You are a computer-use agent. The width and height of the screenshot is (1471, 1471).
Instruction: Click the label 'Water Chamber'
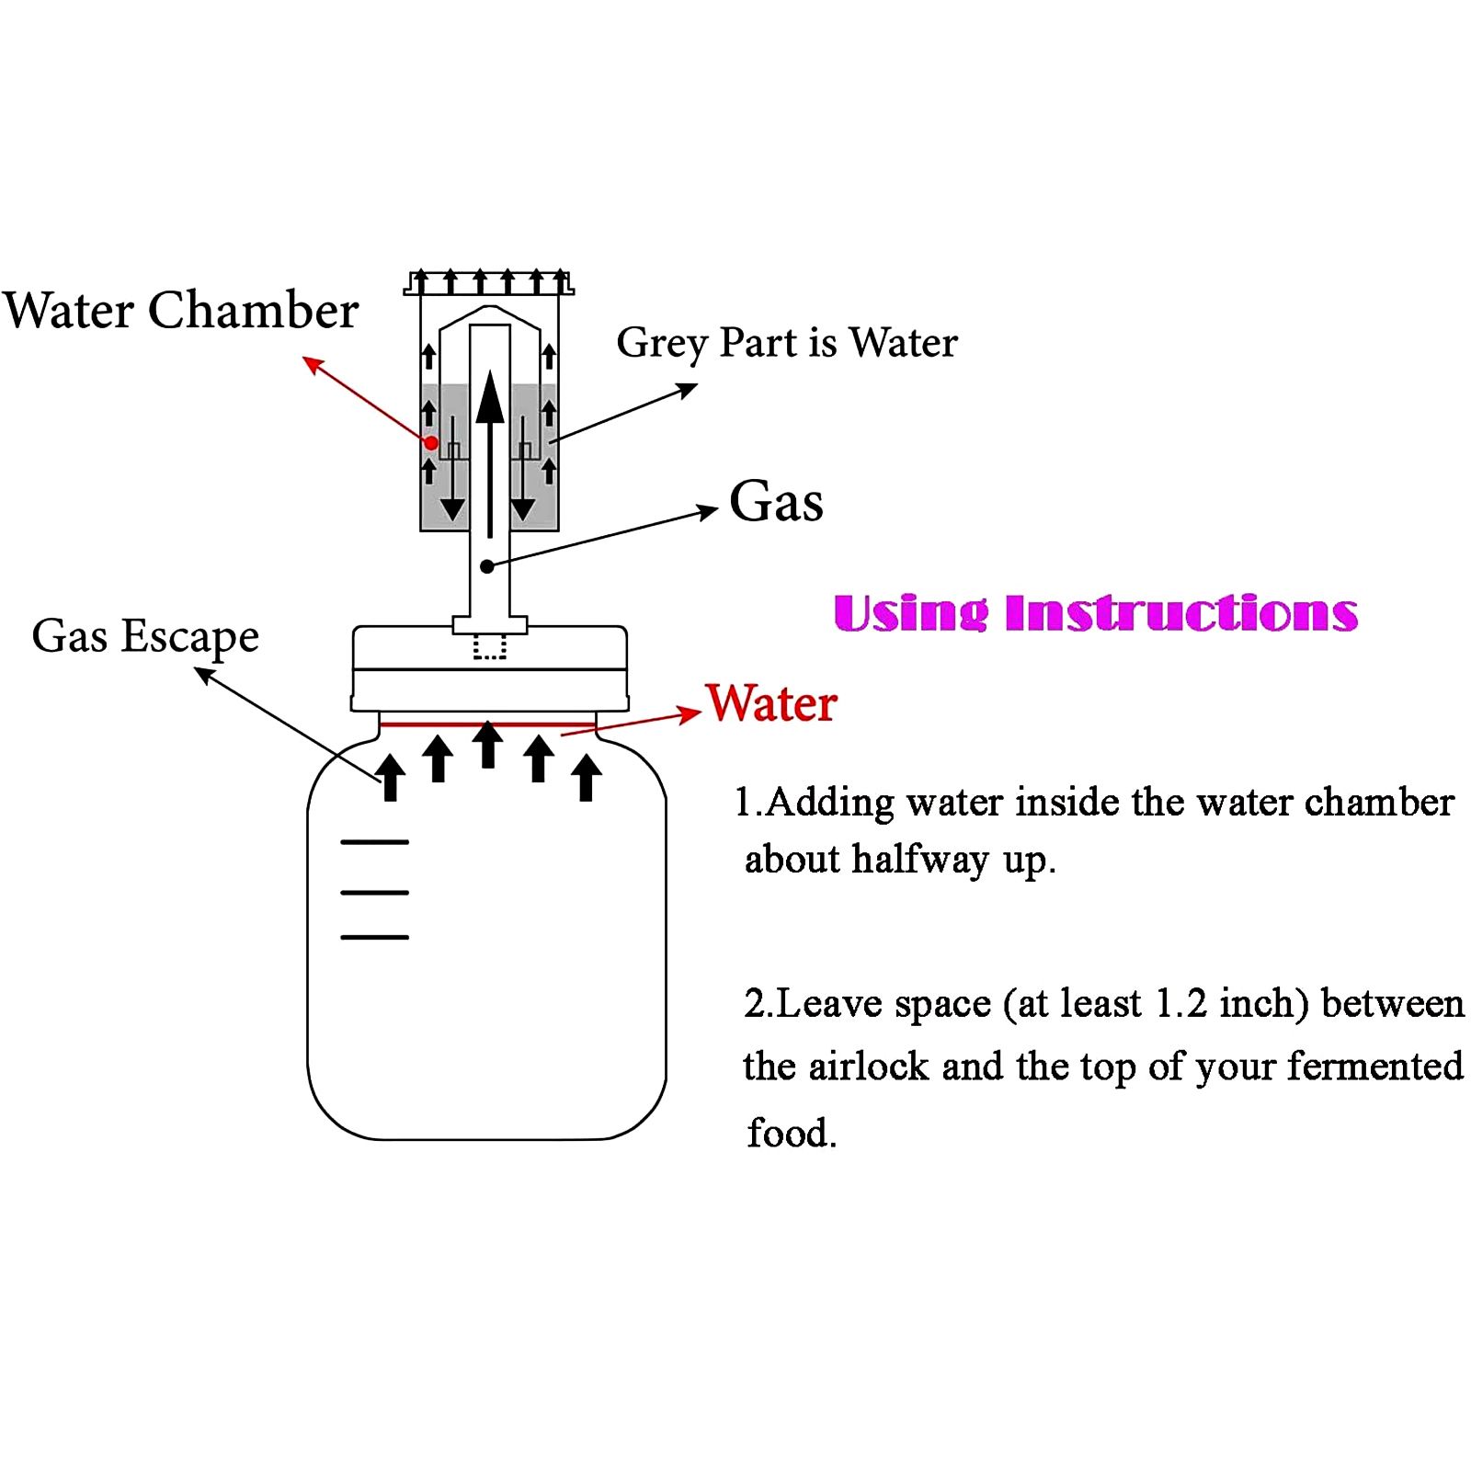[180, 310]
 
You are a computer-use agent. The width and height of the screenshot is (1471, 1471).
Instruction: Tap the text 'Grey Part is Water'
[787, 343]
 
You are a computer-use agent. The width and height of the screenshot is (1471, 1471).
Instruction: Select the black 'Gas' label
[776, 502]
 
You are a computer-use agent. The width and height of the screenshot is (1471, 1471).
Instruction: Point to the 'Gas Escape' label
[145, 636]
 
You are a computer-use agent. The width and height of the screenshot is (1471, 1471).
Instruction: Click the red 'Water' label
[771, 703]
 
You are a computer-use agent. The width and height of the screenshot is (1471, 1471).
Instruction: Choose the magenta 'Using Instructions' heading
[1096, 613]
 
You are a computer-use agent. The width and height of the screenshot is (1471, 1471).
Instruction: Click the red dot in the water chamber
[431, 443]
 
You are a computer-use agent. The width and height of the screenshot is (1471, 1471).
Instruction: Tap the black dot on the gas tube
[487, 566]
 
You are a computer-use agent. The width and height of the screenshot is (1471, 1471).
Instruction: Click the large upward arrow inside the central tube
[490, 454]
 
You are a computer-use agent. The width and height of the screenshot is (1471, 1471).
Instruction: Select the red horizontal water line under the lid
[488, 724]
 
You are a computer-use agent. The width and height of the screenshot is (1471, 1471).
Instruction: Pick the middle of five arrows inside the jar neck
[488, 745]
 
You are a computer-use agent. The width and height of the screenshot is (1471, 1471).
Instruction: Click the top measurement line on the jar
[374, 841]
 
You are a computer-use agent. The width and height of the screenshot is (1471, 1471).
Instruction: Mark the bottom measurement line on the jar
[374, 937]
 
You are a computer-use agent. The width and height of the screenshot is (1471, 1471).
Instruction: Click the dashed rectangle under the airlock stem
[490, 647]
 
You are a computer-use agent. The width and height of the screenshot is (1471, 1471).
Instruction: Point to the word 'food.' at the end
[792, 1133]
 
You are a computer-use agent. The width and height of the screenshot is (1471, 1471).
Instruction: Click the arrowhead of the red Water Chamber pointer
[313, 365]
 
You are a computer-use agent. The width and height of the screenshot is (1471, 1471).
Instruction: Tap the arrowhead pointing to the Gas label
[708, 511]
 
